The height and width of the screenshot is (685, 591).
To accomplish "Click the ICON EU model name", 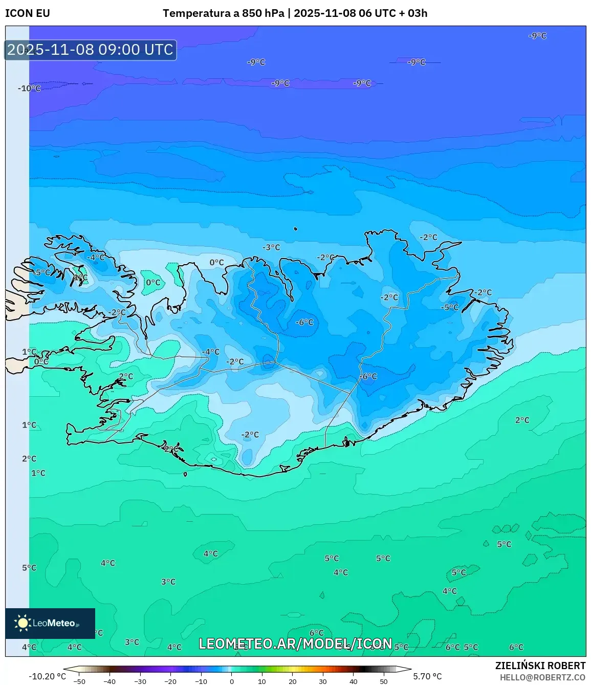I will [28, 13].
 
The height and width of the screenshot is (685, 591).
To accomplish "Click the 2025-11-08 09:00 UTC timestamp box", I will [91, 50].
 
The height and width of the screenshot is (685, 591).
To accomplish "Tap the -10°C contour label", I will [29, 89].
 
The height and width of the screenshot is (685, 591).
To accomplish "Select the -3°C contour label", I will [271, 247].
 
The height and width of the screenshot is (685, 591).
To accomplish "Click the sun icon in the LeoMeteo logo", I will [23, 623].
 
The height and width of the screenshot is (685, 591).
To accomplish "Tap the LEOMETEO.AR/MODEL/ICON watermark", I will [295, 644].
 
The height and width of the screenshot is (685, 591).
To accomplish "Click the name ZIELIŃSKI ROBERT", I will [540, 666].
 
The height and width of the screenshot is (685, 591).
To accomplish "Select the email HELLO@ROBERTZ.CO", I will [542, 677].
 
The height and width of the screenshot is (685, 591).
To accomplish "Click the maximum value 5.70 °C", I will [427, 676].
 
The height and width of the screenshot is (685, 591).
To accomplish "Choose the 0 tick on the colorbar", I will [231, 681].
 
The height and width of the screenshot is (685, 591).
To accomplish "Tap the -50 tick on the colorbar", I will [79, 681].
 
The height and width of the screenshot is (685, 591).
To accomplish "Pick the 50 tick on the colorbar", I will [384, 681].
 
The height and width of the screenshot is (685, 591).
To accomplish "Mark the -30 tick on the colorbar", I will [140, 681].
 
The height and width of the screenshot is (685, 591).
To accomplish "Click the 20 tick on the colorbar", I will [292, 681].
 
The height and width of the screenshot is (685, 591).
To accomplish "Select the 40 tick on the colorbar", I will [353, 681].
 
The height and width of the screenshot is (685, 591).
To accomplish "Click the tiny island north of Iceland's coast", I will [296, 229].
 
